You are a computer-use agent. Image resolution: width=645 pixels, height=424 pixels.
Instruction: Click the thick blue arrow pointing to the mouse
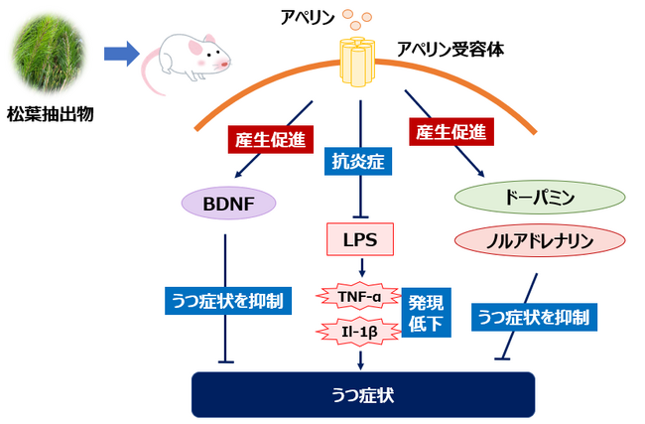(x=121, y=55)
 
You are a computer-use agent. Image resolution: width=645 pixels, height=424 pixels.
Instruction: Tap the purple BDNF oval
(x=227, y=204)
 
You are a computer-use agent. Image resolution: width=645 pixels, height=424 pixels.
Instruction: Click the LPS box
(x=359, y=239)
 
